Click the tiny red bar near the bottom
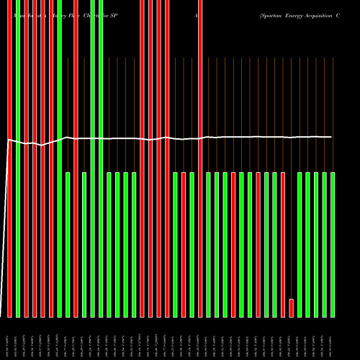(292, 307)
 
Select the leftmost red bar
(9, 158)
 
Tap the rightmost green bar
(333, 245)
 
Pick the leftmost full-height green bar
(18, 158)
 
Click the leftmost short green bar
(68, 245)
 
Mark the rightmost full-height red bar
(200, 158)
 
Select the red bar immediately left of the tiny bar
(283, 245)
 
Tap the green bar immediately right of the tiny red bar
(300, 245)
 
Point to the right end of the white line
(332, 137)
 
